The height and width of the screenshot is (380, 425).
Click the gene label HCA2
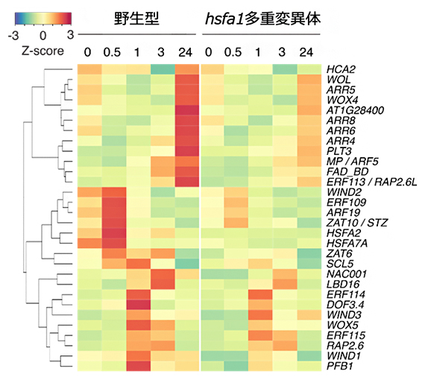340,69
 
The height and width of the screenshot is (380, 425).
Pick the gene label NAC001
344,273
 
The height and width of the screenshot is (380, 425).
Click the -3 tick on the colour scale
13,35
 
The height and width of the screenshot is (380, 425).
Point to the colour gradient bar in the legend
42,18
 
